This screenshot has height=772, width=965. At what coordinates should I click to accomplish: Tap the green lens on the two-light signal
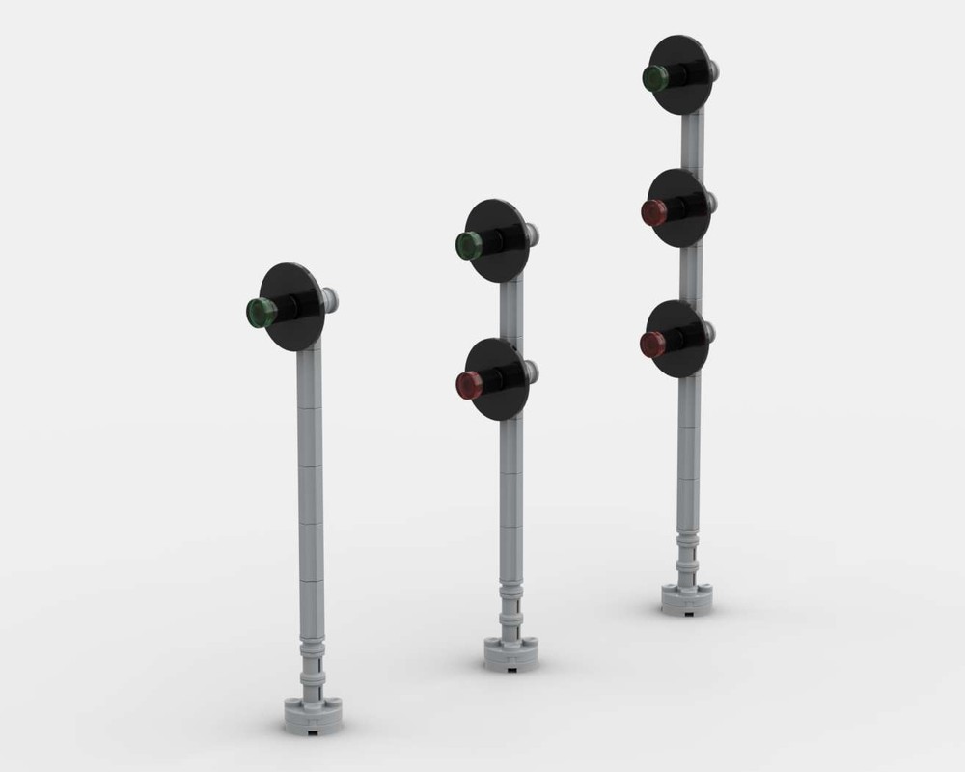(x=468, y=245)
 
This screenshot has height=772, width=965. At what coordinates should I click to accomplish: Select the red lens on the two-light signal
(x=468, y=385)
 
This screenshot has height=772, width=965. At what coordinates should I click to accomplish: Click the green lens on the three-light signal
(x=655, y=78)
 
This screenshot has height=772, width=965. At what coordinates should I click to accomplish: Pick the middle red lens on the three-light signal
(x=653, y=212)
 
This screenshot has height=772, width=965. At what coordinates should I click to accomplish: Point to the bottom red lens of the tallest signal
(x=652, y=344)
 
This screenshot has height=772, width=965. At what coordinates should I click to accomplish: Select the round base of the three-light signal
(x=686, y=597)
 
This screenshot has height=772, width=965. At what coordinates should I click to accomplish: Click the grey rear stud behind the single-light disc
(x=332, y=299)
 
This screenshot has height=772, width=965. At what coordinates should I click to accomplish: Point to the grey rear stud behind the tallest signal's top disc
(x=713, y=69)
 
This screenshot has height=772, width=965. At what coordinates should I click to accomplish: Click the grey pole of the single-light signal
(x=310, y=502)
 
